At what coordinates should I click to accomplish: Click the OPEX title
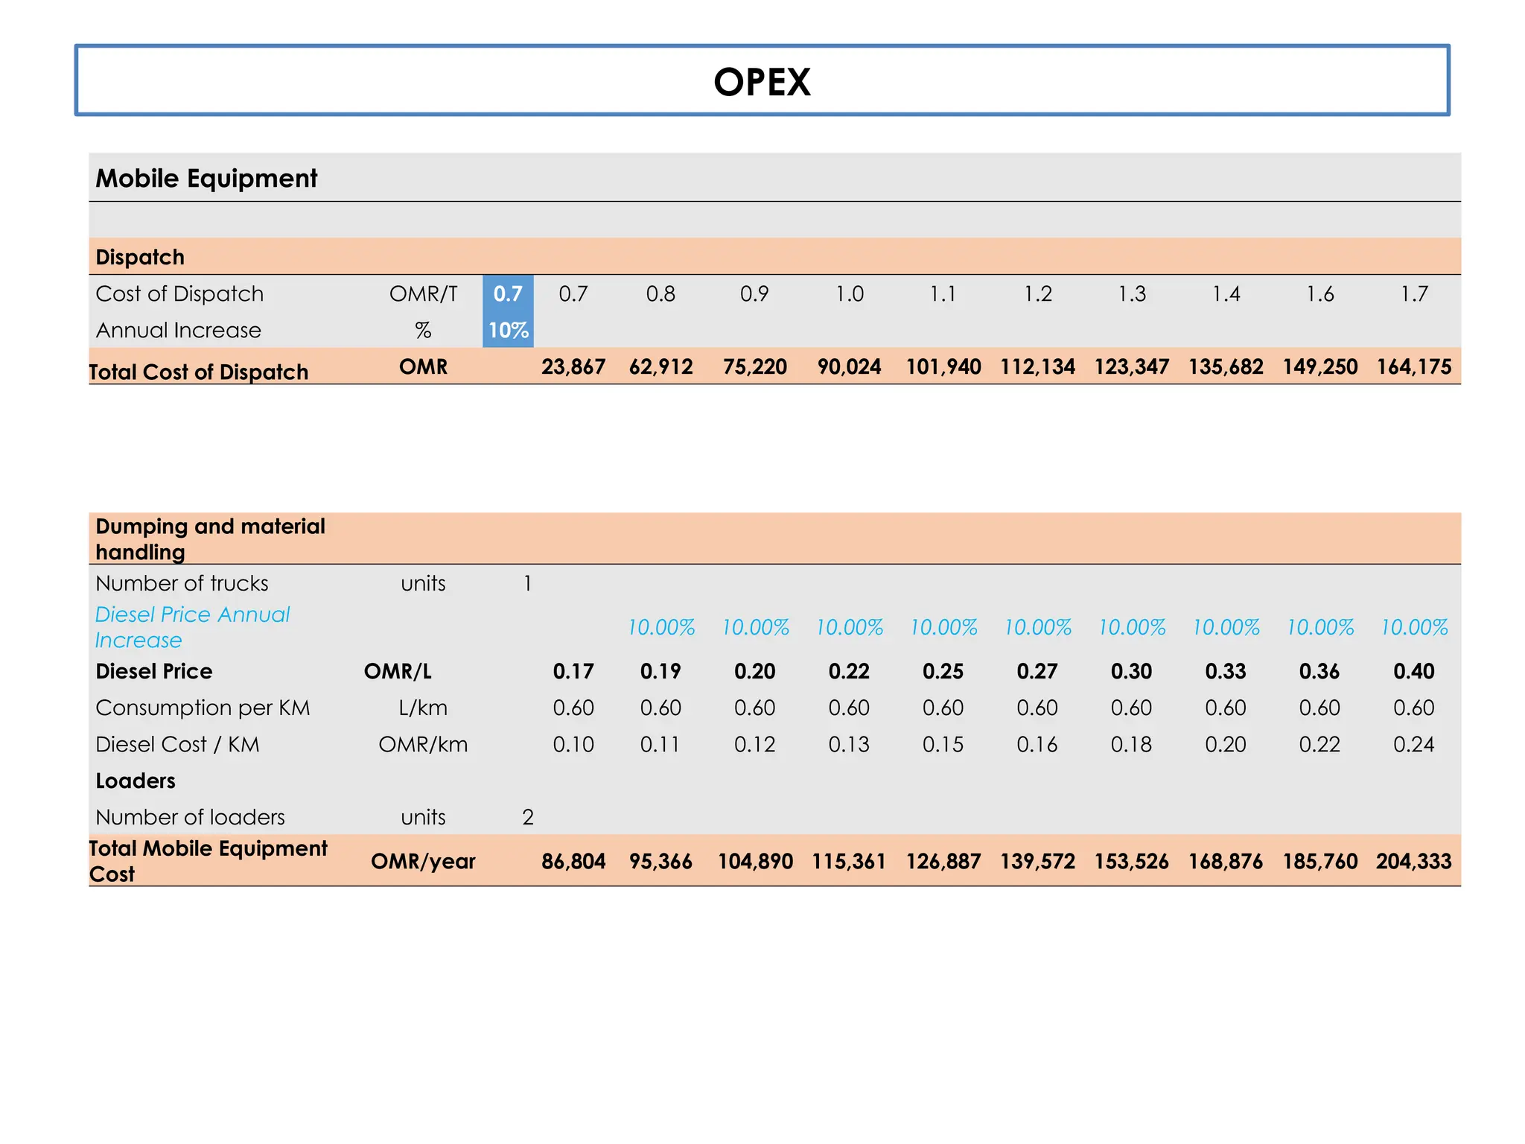762,82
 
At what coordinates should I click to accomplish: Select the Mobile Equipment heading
206,179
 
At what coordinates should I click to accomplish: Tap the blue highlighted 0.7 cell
508,293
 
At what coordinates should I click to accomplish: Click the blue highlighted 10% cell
508,330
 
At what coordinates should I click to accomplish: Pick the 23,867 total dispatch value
573,367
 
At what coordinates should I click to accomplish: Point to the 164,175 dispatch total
1413,367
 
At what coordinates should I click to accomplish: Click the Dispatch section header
140,257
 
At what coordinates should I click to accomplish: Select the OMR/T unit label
423,293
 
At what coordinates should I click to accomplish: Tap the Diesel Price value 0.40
1413,671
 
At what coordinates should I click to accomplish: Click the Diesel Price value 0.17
573,671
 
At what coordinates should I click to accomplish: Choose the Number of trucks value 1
527,583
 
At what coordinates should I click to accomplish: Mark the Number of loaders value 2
527,817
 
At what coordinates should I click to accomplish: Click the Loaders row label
136,781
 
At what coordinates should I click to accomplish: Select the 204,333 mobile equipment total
1413,862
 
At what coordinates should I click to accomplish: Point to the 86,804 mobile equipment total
573,862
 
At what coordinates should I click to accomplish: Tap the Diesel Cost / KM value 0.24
1413,744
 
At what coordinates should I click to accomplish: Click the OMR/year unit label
423,862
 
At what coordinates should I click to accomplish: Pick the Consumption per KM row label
203,708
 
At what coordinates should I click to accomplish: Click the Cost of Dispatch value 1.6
1319,293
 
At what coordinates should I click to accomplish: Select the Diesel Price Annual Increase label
192,626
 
